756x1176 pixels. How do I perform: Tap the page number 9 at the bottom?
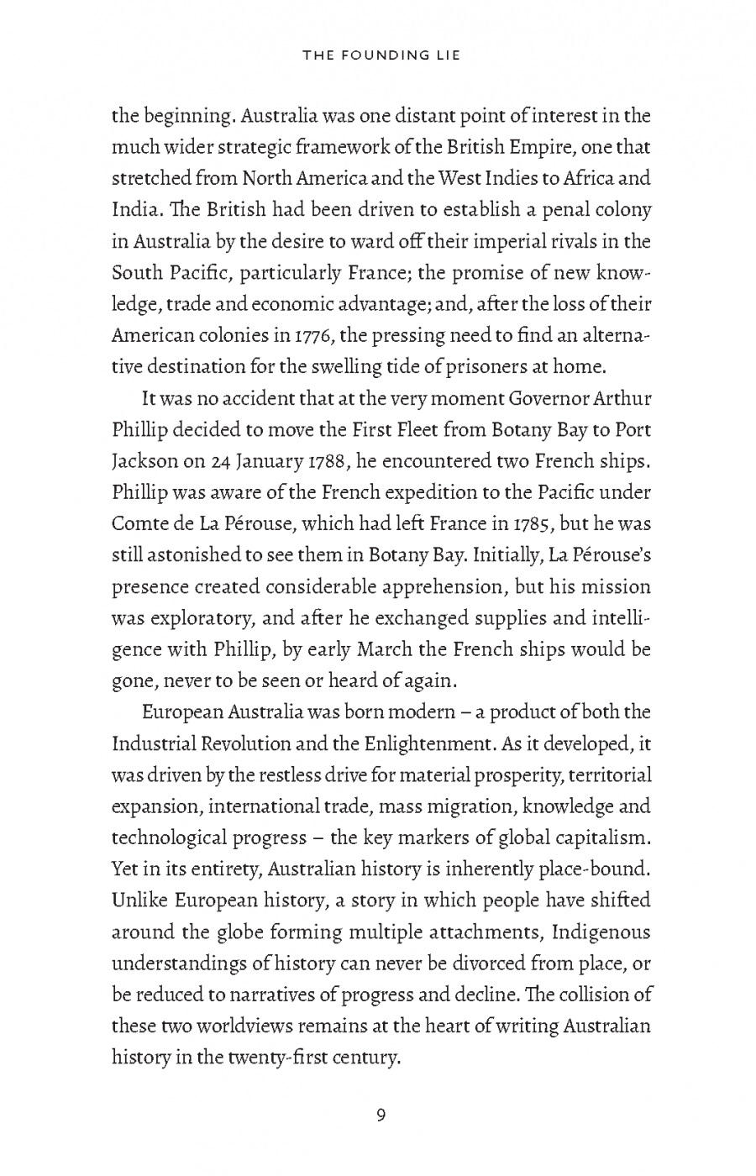(381, 1116)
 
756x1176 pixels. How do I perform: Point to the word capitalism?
(596, 838)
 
